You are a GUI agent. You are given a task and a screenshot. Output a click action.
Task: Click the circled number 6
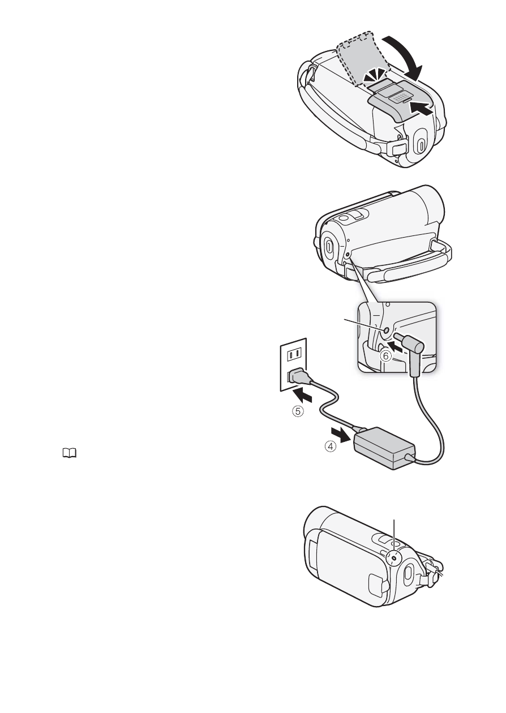pyautogui.click(x=385, y=356)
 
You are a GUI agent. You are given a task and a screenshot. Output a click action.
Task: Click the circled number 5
pyautogui.click(x=298, y=411)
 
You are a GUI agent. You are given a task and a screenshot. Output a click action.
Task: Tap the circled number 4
pyautogui.click(x=330, y=446)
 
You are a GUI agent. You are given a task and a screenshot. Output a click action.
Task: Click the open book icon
pyautogui.click(x=70, y=453)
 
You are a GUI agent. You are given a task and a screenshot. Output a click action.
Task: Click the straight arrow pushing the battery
pyautogui.click(x=421, y=109)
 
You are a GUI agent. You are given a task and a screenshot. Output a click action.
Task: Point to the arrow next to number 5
pyautogui.click(x=302, y=397)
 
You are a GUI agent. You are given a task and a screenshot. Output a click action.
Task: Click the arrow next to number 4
pyautogui.click(x=340, y=435)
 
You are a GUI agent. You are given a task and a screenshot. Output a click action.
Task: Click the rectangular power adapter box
pyautogui.click(x=385, y=447)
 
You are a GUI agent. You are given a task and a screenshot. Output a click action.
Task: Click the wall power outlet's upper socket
pyautogui.click(x=294, y=354)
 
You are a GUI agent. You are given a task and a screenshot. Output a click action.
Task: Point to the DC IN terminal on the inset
pyautogui.click(x=385, y=331)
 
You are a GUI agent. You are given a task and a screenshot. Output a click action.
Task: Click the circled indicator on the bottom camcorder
pyautogui.click(x=394, y=558)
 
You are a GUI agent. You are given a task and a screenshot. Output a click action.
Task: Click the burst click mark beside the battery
pyautogui.click(x=375, y=77)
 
